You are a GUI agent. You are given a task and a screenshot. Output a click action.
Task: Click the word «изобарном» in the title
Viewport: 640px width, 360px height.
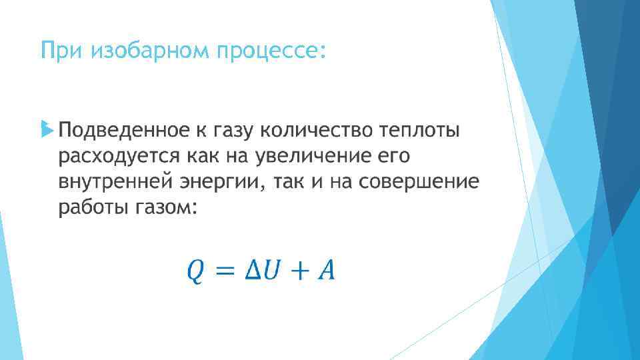coord(149,51)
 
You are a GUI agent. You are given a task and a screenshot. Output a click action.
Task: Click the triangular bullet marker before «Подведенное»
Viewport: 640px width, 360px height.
coord(45,128)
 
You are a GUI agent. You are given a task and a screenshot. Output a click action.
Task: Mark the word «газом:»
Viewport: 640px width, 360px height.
coord(167,208)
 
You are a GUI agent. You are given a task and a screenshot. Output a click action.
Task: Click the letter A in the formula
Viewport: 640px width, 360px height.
coord(327,270)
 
